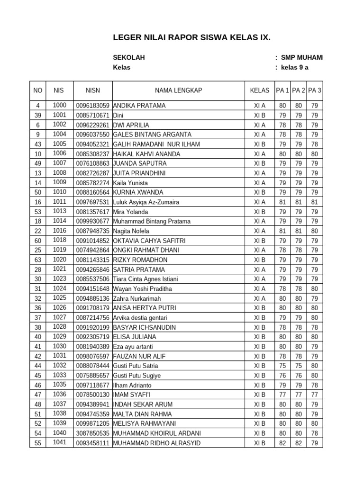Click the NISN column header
click(93, 90)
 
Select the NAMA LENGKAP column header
click(178, 90)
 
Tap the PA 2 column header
click(298, 90)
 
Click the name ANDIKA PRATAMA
click(139, 106)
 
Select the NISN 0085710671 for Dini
click(93, 116)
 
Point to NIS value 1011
click(60, 202)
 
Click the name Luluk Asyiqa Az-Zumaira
click(146, 202)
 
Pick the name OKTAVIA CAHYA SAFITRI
click(149, 241)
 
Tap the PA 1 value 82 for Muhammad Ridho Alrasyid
click(282, 443)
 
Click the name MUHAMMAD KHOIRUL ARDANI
click(157, 433)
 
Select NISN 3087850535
click(93, 433)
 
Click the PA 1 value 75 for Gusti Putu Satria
click(282, 366)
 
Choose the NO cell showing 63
click(38, 260)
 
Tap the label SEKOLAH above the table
click(129, 58)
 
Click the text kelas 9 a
click(294, 67)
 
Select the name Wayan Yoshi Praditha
click(142, 289)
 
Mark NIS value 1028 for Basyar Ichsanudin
click(60, 327)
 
